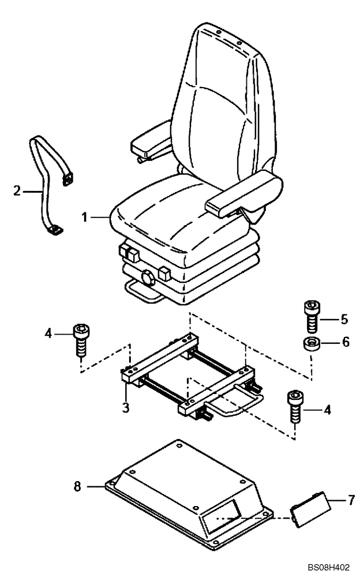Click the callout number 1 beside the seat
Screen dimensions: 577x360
pos(84,218)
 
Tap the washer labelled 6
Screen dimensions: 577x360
pos(310,344)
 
